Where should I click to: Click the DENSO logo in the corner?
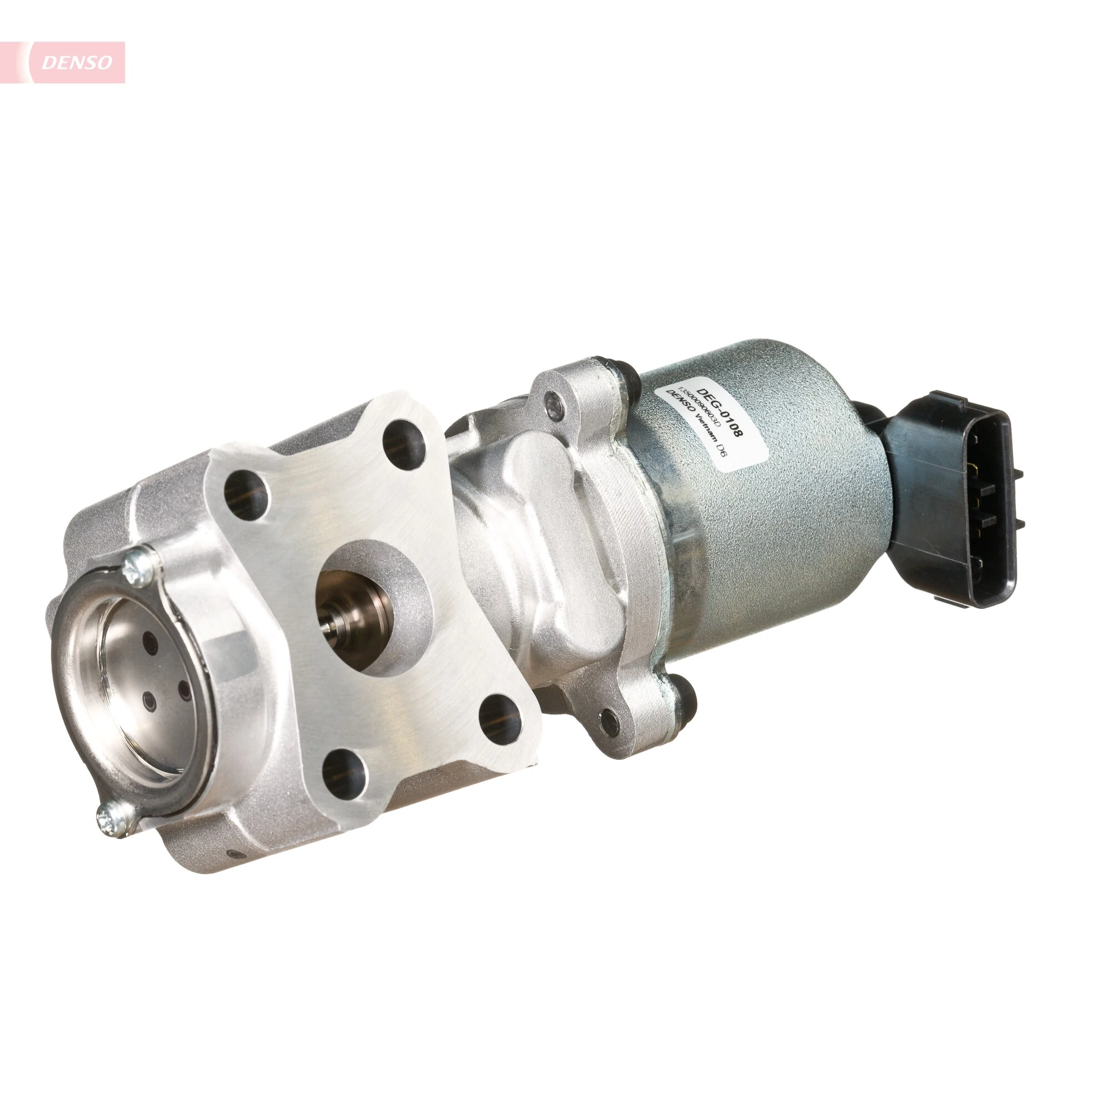click(x=77, y=62)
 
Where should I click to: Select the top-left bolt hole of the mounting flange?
click(x=246, y=494)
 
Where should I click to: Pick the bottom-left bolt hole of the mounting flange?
click(x=344, y=770)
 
